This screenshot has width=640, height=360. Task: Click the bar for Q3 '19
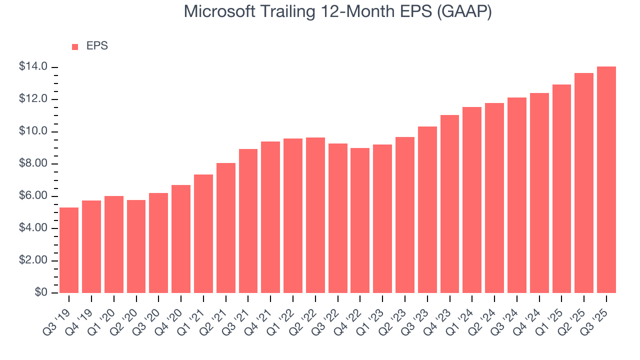[69, 250]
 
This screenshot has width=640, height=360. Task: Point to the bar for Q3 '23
[427, 209]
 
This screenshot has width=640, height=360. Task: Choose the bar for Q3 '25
[606, 179]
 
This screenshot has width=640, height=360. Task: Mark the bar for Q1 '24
[472, 200]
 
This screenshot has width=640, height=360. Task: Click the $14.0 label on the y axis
[33, 67]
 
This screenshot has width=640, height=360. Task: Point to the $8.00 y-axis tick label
[33, 164]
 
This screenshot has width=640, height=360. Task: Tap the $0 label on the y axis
[41, 293]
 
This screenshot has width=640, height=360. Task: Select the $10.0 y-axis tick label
[33, 131]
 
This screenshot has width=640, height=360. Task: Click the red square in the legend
[75, 46]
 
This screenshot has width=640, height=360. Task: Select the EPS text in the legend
[97, 46]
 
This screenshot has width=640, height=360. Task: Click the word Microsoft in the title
[218, 11]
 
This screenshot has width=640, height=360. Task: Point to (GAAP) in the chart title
[464, 11]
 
